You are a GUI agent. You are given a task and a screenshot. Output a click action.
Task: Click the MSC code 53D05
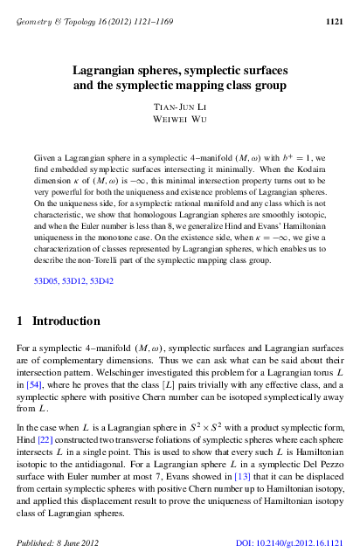pos(45,282)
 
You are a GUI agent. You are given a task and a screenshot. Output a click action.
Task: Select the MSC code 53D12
pos(75,282)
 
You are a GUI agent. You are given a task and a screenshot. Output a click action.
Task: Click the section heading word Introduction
pos(69,321)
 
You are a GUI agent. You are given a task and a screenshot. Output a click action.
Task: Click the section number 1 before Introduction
pos(20,321)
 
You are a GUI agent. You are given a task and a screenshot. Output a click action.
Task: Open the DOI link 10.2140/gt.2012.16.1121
pos(297,544)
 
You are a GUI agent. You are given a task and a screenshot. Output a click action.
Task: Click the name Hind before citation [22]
pos(25,438)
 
